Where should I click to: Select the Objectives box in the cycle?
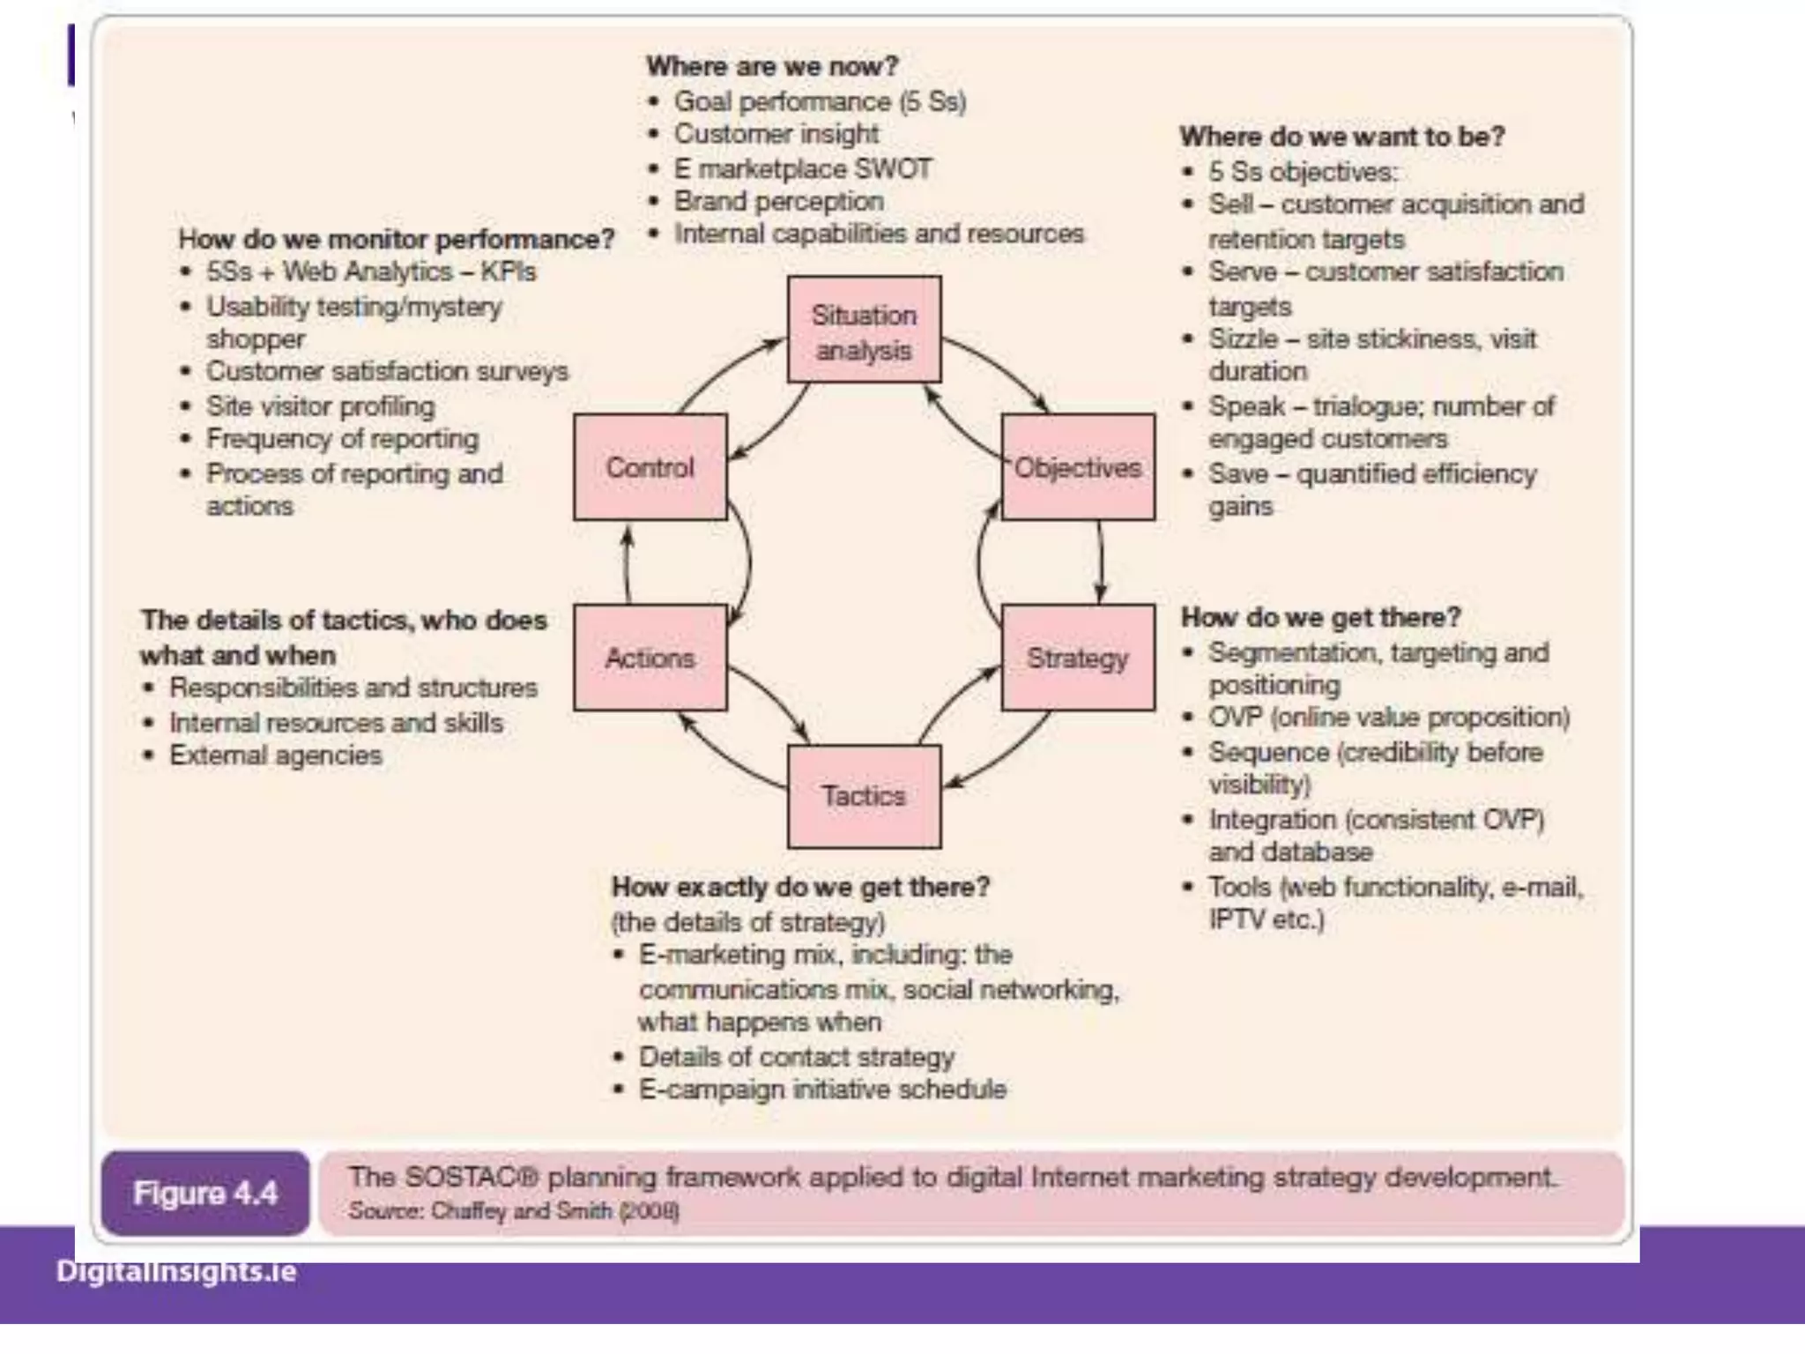pos(1078,467)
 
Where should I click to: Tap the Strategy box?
pos(1078,658)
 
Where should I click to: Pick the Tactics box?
pos(864,796)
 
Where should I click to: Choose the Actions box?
pos(650,658)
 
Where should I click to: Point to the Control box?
pos(650,467)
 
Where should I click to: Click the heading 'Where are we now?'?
pos(772,66)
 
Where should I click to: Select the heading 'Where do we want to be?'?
pos(1342,137)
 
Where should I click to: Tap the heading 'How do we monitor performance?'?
pos(396,239)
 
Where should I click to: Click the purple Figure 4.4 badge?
pos(205,1193)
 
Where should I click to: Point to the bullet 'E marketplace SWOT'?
pos(802,168)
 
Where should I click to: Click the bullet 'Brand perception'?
pos(778,201)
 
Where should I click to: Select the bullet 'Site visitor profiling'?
pos(320,406)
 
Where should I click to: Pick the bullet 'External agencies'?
pos(275,755)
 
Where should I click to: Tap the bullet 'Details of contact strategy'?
pos(796,1056)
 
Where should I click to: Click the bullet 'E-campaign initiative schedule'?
pos(822,1090)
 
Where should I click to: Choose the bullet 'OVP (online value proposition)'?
pos(1389,718)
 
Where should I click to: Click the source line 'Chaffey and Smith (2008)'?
pos(514,1210)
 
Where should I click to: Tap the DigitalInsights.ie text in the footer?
pos(176,1271)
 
